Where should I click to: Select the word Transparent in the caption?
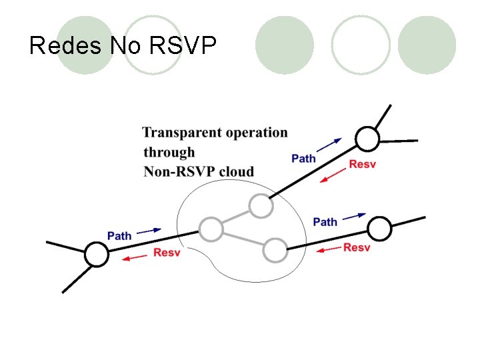coord(181,133)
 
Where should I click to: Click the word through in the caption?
coord(169,152)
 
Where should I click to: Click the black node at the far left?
coord(96,255)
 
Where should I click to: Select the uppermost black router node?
coord(367,139)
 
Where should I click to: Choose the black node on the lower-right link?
coord(379,229)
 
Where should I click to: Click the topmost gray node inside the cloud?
coord(261,206)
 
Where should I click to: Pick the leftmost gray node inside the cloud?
coord(211,229)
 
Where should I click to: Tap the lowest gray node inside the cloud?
coord(275,250)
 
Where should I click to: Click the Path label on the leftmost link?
coord(119,236)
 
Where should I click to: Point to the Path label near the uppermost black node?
coord(304,158)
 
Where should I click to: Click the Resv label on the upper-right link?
coord(363,164)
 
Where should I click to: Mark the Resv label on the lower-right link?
coord(357,247)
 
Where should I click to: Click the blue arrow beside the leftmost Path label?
coord(149,230)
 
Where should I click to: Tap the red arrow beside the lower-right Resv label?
coord(327,250)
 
